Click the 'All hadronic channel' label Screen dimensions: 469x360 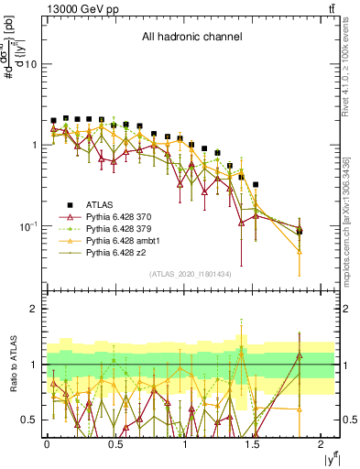pos(191,37)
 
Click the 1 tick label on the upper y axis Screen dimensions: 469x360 pos(34,145)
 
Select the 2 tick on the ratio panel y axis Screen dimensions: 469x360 pos(34,309)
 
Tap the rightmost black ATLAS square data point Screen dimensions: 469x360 pos(300,232)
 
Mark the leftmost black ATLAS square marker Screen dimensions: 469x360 pos(54,120)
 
